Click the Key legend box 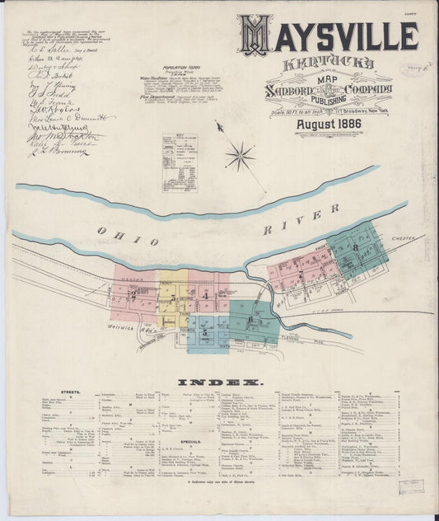coord(179,162)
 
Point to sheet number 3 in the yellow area coord(172,298)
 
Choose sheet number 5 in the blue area coord(204,332)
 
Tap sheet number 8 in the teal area coord(356,247)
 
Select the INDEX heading coord(220,383)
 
